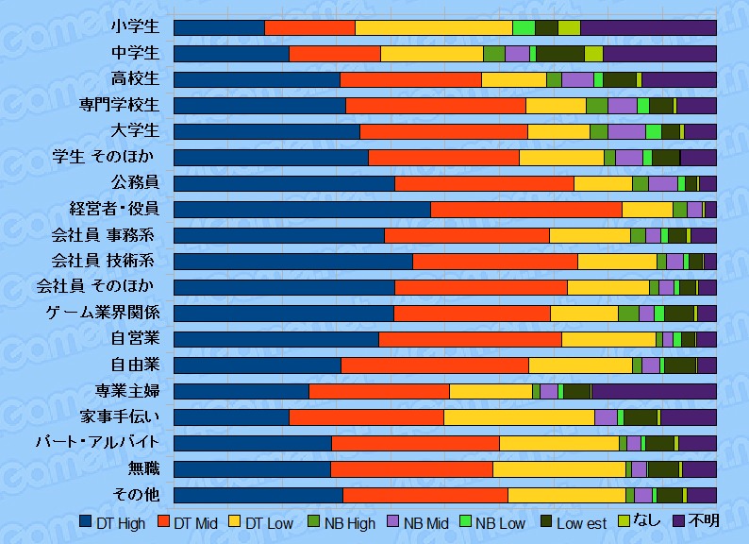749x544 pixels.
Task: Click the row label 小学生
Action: [x=134, y=26]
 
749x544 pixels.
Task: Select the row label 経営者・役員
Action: [x=114, y=209]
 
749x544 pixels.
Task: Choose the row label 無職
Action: [x=143, y=468]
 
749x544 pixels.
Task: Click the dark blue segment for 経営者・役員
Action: [x=302, y=209]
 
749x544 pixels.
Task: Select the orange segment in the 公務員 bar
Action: [x=484, y=183]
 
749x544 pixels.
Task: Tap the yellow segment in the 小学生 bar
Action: [x=433, y=27]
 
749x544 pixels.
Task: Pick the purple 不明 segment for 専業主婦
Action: [x=653, y=391]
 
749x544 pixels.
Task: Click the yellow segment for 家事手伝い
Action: [x=519, y=416]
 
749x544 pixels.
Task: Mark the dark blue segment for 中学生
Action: [x=231, y=53]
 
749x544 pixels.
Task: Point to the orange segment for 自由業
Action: [x=434, y=365]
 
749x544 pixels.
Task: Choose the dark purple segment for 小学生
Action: [x=648, y=27]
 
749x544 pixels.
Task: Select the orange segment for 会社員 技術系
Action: [x=494, y=261]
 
